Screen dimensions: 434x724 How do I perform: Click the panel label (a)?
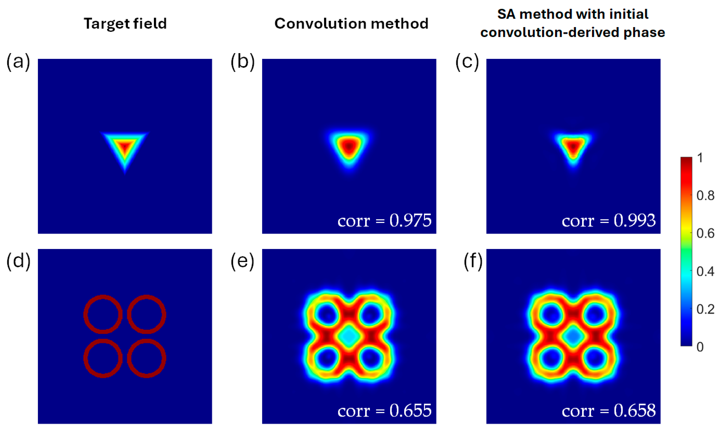pyautogui.click(x=18, y=62)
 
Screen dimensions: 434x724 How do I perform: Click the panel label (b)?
pyautogui.click(x=242, y=62)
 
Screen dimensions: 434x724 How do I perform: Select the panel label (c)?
pyautogui.click(x=467, y=62)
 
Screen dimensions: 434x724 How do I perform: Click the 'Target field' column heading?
pyautogui.click(x=125, y=23)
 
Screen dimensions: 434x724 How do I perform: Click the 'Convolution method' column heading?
pyautogui.click(x=351, y=23)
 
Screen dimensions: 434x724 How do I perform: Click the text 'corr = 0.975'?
pyautogui.click(x=384, y=221)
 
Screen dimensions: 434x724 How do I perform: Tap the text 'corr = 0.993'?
pyautogui.click(x=609, y=221)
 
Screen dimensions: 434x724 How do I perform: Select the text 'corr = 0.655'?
pyautogui.click(x=384, y=411)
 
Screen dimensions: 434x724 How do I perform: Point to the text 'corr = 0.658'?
pyautogui.click(x=609, y=411)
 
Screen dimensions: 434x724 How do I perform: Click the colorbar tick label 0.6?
pyautogui.click(x=705, y=233)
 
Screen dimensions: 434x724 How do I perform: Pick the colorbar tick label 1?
pyautogui.click(x=700, y=158)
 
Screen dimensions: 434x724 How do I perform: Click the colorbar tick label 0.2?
pyautogui.click(x=705, y=309)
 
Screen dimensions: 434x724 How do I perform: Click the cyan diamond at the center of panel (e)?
pyautogui.click(x=349, y=337)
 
